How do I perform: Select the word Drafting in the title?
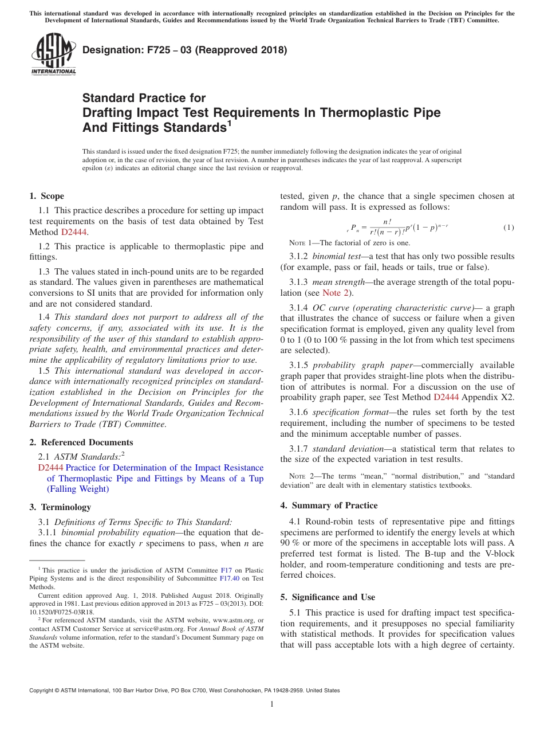click(x=111, y=112)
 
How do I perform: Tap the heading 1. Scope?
click(x=46, y=196)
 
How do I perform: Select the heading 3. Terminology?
click(x=60, y=507)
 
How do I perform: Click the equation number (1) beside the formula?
click(x=508, y=228)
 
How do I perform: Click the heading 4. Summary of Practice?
click(x=329, y=505)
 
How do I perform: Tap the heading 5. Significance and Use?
click(x=328, y=597)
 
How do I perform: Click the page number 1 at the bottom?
click(x=272, y=704)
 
